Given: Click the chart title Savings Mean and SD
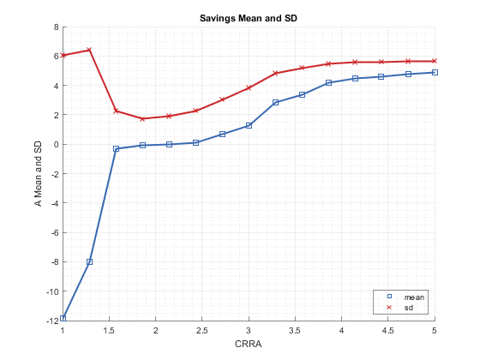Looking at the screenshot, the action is point(249,18).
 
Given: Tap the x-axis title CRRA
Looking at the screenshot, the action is point(249,344).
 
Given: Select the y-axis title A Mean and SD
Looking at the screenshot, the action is point(38,174).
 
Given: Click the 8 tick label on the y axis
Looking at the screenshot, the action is point(57,27).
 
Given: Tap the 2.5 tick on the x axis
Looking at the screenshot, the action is point(202,331).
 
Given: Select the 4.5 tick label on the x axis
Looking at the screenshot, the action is point(387,331).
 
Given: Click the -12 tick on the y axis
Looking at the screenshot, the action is point(52,321).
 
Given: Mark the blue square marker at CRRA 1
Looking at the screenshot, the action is point(63,318).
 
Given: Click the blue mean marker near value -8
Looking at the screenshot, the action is point(89,261).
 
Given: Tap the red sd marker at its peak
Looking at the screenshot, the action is point(89,50).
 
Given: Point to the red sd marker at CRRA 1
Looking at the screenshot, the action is point(63,55).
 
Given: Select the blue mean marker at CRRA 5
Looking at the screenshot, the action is point(435,72).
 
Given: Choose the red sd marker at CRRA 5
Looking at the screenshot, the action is point(435,61).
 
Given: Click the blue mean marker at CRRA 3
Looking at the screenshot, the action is point(249,125).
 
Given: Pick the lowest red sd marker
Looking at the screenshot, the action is point(142,119).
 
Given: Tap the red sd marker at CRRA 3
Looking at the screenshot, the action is point(249,87).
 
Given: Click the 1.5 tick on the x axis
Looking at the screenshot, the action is point(109,331).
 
